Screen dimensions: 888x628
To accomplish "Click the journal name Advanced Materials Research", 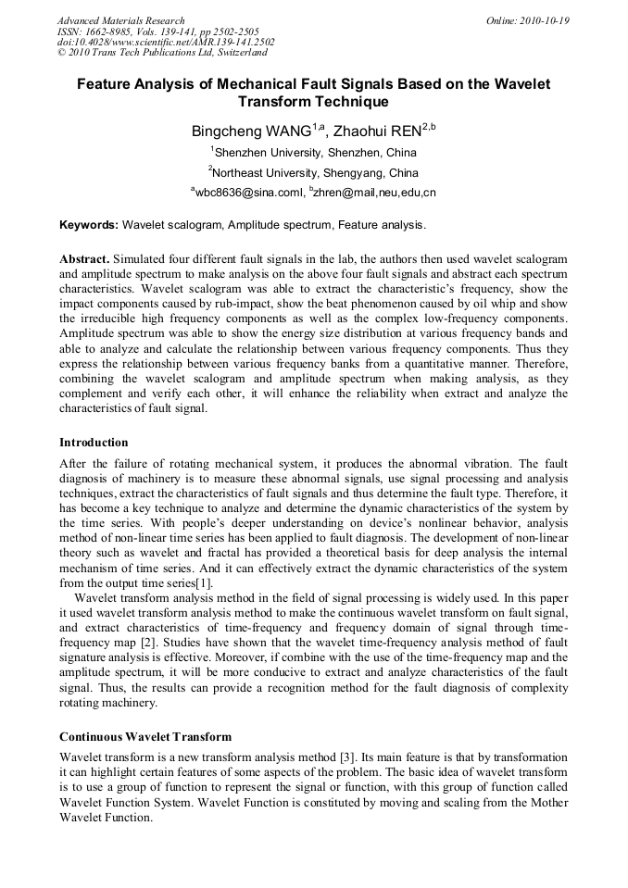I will tap(120, 20).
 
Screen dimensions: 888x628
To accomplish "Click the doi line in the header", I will tap(166, 43).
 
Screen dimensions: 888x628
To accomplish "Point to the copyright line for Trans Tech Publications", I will tap(162, 54).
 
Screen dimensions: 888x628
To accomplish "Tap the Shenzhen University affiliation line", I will tap(314, 153).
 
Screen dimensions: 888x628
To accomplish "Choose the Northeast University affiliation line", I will tap(314, 173).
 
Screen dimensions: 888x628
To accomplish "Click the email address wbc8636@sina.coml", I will tap(245, 194).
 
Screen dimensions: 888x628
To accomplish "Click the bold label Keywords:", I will tap(89, 225).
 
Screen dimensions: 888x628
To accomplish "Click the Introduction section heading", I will tap(94, 443).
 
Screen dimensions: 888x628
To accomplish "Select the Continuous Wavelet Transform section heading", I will tap(145, 737).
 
